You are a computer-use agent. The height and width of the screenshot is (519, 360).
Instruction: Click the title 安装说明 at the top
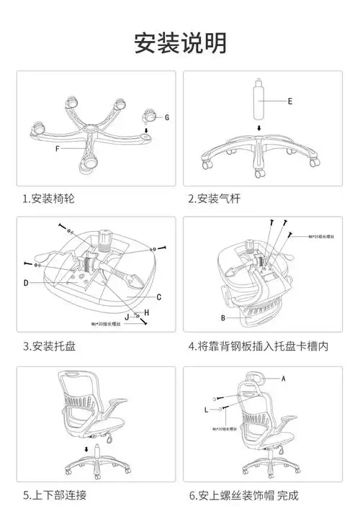[180, 42]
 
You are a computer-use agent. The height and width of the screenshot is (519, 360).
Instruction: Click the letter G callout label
[166, 117]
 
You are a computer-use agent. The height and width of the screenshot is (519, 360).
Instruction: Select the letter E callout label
[289, 101]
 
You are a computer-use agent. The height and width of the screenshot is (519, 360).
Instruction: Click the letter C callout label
[158, 297]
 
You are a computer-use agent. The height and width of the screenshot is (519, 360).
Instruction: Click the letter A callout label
[284, 378]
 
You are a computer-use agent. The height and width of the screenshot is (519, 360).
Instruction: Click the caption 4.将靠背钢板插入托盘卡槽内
[258, 346]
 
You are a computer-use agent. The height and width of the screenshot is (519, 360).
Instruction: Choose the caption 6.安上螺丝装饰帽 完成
[243, 496]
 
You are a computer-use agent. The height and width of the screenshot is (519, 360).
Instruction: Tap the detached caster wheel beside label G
[149, 115]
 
